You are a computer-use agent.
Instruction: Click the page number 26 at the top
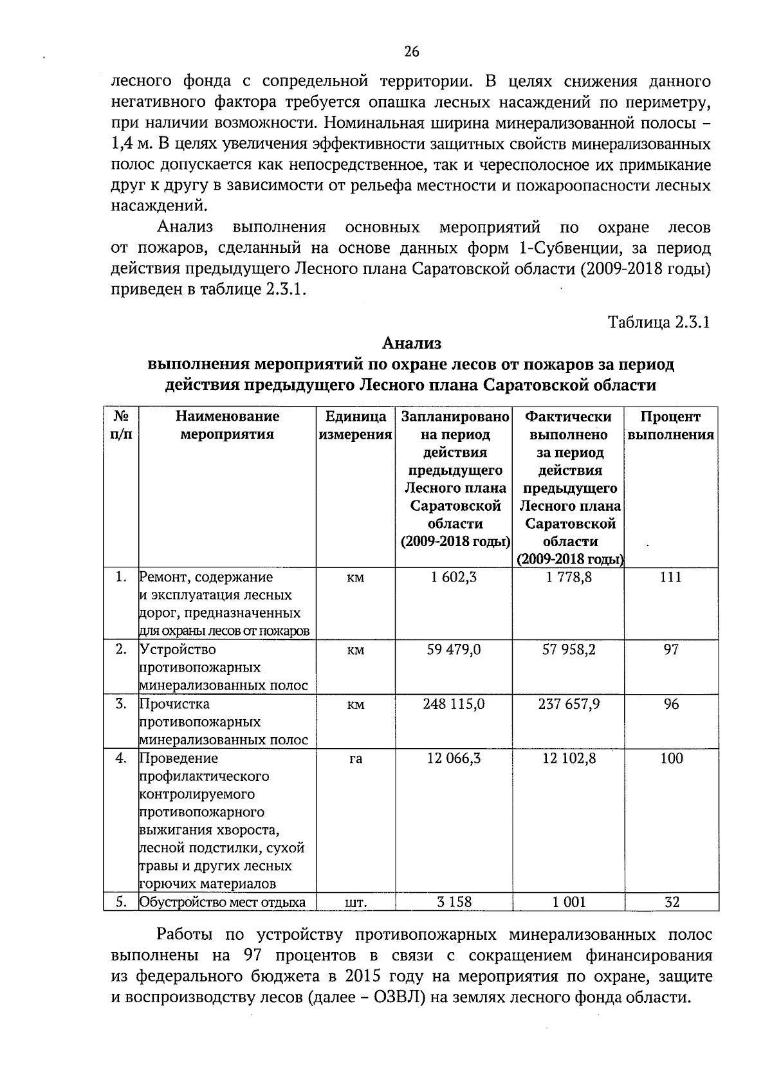click(412, 52)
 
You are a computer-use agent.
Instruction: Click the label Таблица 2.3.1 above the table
click(659, 322)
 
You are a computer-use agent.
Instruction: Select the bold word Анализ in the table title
click(412, 344)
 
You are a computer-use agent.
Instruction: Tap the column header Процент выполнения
click(670, 425)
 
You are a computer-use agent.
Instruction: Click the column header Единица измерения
click(355, 425)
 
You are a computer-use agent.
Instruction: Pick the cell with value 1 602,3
click(454, 577)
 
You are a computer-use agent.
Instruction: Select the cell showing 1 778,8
click(569, 577)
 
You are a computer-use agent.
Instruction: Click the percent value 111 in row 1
click(670, 577)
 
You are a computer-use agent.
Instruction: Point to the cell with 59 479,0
click(454, 650)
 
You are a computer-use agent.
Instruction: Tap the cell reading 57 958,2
click(569, 650)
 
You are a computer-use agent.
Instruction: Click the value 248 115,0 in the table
click(454, 704)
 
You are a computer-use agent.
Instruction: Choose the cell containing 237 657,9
click(569, 704)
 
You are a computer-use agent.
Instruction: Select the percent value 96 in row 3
click(671, 704)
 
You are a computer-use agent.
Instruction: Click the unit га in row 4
click(355, 759)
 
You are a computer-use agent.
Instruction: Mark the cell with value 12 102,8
click(569, 758)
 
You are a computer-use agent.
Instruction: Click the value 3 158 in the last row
click(454, 902)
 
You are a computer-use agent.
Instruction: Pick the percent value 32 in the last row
click(671, 902)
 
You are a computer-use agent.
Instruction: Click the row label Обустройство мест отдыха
click(223, 902)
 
